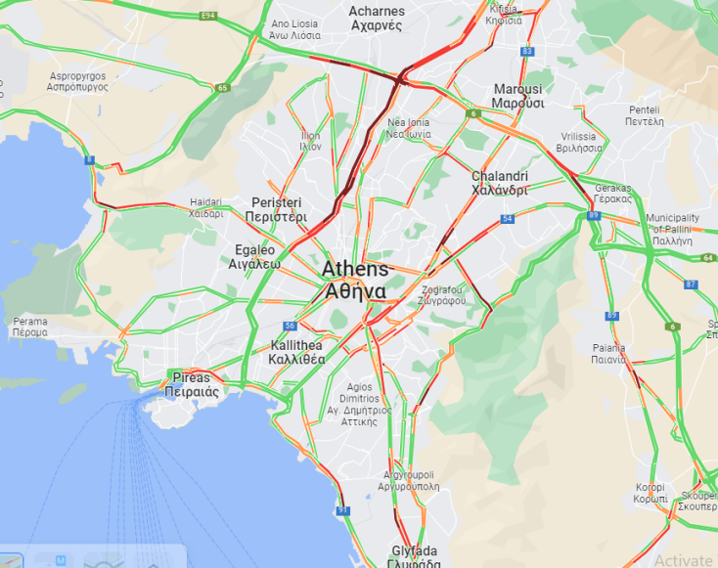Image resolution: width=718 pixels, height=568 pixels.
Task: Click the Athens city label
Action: pyautogui.click(x=354, y=280)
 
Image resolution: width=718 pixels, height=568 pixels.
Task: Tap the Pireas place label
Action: pyautogui.click(x=191, y=383)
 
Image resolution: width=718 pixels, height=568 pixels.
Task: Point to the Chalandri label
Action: pyautogui.click(x=500, y=183)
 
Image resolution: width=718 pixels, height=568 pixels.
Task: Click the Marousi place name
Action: pyautogui.click(x=517, y=96)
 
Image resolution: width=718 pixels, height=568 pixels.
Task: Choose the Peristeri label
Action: pyautogui.click(x=280, y=209)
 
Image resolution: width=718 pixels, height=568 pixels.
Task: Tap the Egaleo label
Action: pyautogui.click(x=255, y=256)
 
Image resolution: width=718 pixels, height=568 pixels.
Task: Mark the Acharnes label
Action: pyautogui.click(x=377, y=18)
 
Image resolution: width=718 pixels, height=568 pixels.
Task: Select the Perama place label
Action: pyautogui.click(x=29, y=327)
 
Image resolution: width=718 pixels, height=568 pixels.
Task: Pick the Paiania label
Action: pyautogui.click(x=608, y=353)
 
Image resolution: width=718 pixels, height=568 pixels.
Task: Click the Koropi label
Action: pyautogui.click(x=650, y=493)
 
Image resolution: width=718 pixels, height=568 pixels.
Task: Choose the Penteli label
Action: pyautogui.click(x=646, y=115)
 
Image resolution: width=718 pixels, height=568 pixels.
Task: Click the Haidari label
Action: pyautogui.click(x=205, y=207)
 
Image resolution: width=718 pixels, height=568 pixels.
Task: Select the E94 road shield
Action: pyautogui.click(x=207, y=16)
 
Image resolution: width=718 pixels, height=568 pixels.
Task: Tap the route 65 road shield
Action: pyautogui.click(x=223, y=88)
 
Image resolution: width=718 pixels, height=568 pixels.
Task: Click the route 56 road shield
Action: pyautogui.click(x=290, y=326)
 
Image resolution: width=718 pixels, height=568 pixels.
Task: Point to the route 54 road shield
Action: pyautogui.click(x=507, y=218)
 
